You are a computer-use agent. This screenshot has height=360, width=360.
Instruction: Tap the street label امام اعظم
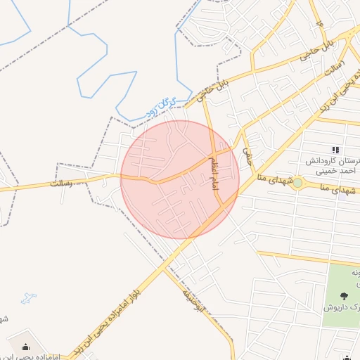[x=213, y=172]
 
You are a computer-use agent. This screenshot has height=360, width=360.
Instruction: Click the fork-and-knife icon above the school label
[x=335, y=150]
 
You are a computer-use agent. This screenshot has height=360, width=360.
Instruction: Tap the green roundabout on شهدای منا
[x=297, y=183]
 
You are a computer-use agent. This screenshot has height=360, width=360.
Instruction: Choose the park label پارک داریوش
[x=342, y=307]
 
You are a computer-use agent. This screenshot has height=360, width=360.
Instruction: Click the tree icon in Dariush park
[x=343, y=296]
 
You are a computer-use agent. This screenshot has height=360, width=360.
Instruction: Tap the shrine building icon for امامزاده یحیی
[x=27, y=347]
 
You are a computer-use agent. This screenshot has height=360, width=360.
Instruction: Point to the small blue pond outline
[x=29, y=299]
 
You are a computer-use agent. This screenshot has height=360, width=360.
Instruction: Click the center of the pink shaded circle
[x=180, y=179]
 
